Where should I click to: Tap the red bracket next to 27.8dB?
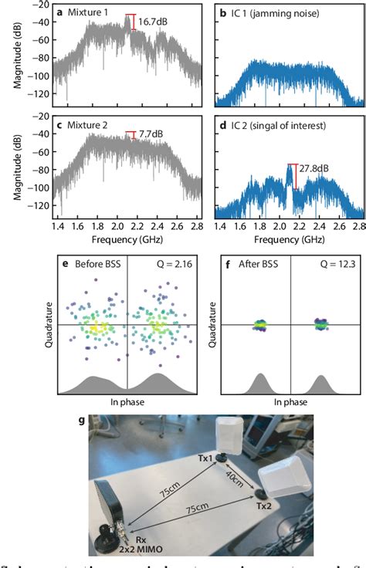point(292,186)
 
